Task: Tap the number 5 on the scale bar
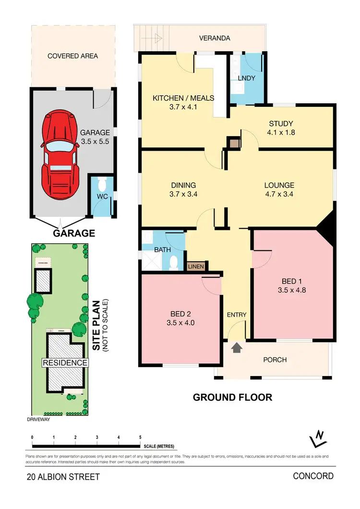140,438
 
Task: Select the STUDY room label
281,123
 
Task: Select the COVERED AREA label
72,56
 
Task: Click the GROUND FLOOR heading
232,397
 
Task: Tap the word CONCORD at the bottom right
313,476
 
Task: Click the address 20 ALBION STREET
63,477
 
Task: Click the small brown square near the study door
234,143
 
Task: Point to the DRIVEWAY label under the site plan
39,418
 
